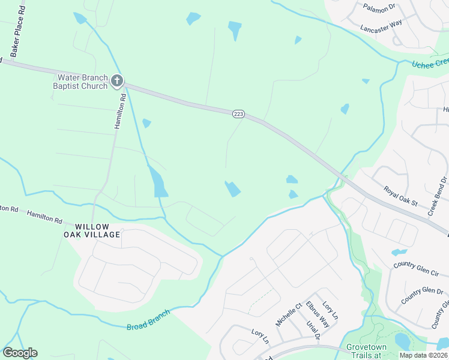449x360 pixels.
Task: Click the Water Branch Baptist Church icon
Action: pos(117,80)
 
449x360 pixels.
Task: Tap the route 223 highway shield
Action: pos(238,114)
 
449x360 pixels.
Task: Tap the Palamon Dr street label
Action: pos(380,7)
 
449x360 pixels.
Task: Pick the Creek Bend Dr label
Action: pos(438,196)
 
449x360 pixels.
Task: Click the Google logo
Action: pos(20,353)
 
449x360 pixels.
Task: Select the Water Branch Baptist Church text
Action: pos(82,82)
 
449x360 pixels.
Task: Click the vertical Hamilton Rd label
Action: pos(119,110)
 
